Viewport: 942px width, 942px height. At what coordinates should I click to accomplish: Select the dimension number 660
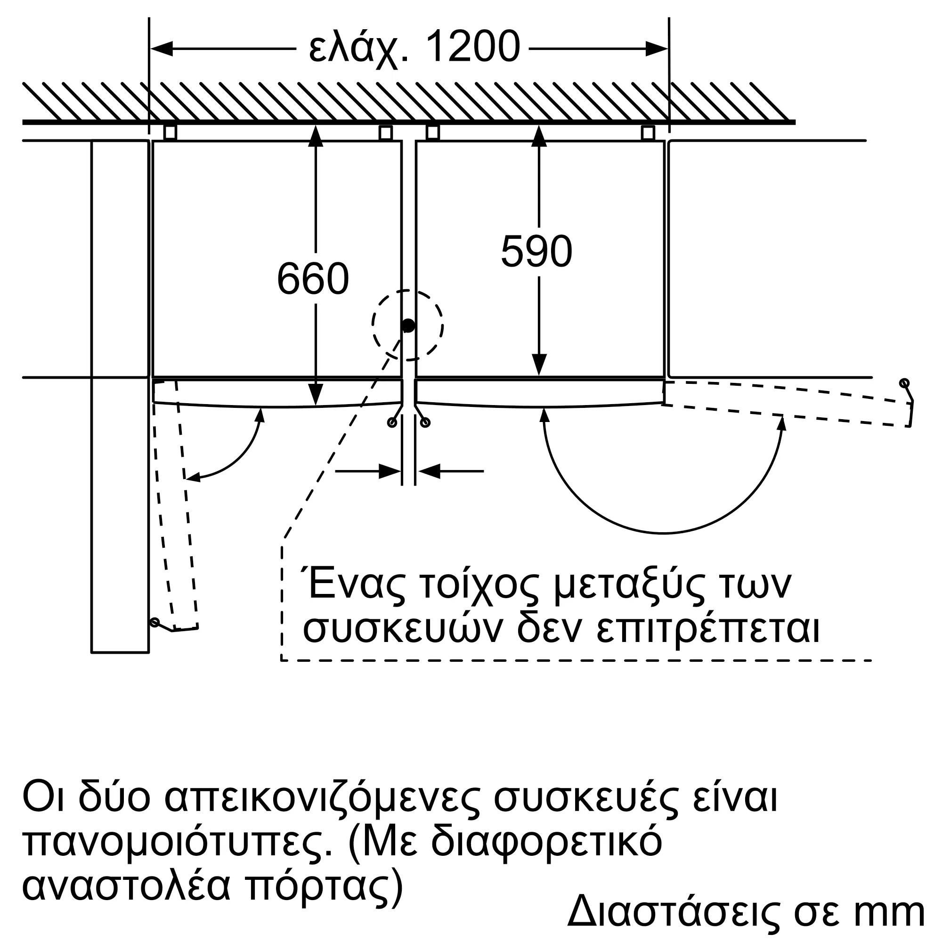tap(313, 279)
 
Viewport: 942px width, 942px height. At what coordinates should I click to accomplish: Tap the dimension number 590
tap(536, 252)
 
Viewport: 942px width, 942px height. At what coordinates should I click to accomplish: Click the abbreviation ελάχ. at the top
tap(359, 49)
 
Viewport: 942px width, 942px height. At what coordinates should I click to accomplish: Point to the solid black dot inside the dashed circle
tap(408, 326)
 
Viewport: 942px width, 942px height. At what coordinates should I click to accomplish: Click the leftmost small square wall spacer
tap(170, 133)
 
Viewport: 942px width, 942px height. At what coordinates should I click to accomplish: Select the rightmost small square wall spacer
tap(648, 133)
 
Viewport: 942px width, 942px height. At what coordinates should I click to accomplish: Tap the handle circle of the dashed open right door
tap(904, 383)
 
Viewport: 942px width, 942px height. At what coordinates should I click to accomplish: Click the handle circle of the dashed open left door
tap(154, 622)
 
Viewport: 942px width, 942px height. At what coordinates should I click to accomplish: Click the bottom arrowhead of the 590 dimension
tap(539, 365)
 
